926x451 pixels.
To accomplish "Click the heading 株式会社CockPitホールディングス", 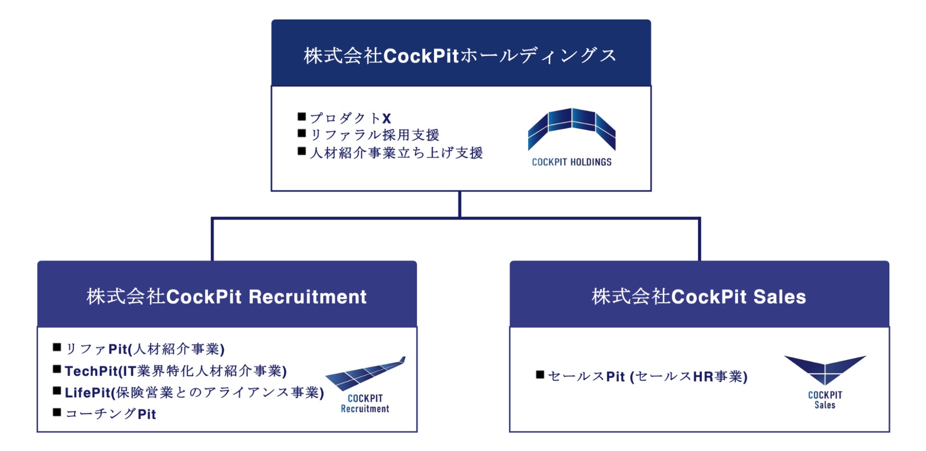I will [x=460, y=56].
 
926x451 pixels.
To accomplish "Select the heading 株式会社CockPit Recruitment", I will [x=227, y=297].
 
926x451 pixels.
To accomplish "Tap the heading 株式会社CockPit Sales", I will [x=699, y=297].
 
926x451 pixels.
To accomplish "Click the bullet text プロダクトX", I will [x=350, y=118].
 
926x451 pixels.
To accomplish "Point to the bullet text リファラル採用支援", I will [x=375, y=135].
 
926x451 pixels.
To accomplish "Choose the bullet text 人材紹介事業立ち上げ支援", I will [x=396, y=153].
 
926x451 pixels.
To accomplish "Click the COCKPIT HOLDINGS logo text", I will [x=571, y=162].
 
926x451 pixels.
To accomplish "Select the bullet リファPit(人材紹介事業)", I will [x=145, y=349].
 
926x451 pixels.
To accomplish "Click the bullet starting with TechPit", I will [x=176, y=371].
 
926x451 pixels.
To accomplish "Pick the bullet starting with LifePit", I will [x=194, y=393].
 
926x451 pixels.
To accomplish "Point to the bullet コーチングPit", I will [x=111, y=414].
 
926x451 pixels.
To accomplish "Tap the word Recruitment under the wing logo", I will [x=365, y=409].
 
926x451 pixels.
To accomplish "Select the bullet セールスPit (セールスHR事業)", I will [x=648, y=376].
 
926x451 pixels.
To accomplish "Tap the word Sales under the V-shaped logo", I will [x=825, y=405].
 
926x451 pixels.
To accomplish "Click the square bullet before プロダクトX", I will [x=302, y=116].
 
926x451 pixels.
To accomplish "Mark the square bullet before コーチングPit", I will [x=57, y=413].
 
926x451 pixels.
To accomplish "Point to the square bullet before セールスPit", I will [x=540, y=375].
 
